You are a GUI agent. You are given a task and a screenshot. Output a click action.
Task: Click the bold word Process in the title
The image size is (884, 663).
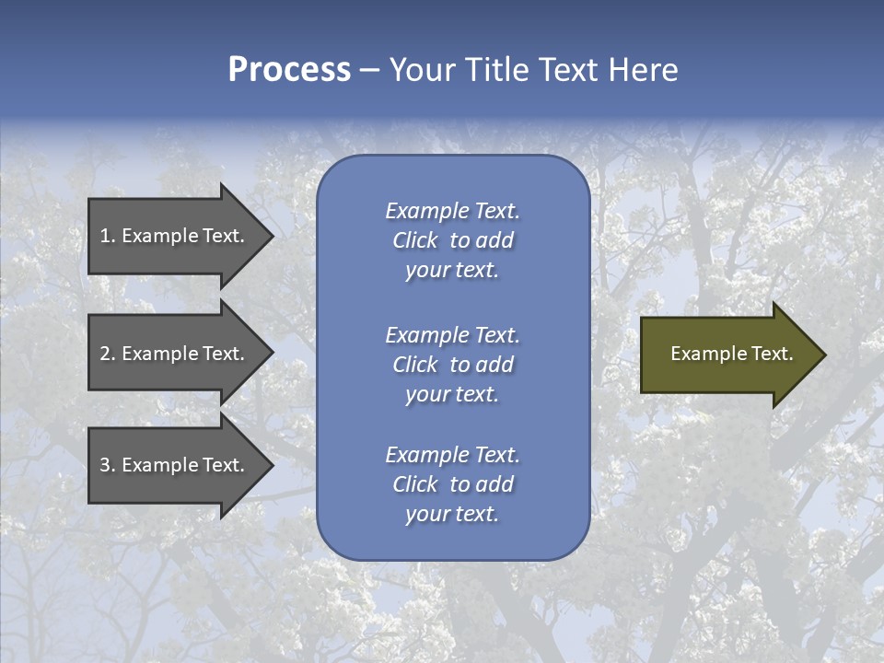click(x=289, y=70)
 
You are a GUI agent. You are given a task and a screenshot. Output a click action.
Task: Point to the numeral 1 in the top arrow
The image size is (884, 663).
click(x=105, y=236)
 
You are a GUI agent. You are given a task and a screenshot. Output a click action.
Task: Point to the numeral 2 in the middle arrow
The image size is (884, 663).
click(x=105, y=354)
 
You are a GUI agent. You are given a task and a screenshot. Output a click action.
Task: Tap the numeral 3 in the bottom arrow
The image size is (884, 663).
click(x=105, y=465)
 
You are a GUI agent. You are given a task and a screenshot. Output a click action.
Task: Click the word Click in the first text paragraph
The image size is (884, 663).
click(x=414, y=240)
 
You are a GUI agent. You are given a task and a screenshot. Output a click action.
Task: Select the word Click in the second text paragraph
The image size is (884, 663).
click(x=414, y=365)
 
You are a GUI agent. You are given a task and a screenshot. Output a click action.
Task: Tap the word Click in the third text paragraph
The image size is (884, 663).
click(x=414, y=484)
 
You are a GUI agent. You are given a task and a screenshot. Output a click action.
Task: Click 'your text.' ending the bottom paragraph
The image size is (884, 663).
click(x=452, y=514)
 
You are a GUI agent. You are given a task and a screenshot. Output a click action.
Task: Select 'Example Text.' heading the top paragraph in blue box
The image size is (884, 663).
click(x=452, y=211)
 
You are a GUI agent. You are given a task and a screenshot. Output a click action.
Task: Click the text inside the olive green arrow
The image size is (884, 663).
click(x=731, y=354)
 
